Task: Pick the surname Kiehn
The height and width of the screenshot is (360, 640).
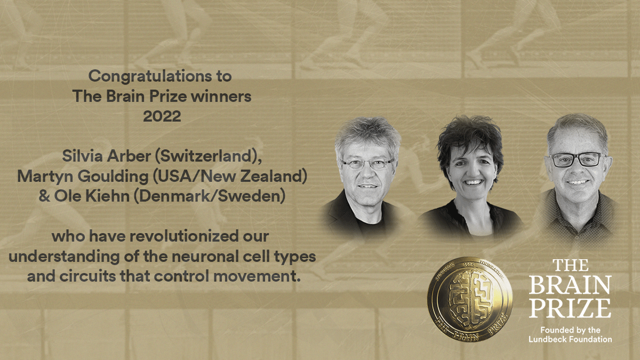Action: [113, 197]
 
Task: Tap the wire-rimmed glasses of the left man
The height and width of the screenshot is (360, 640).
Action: [367, 164]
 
